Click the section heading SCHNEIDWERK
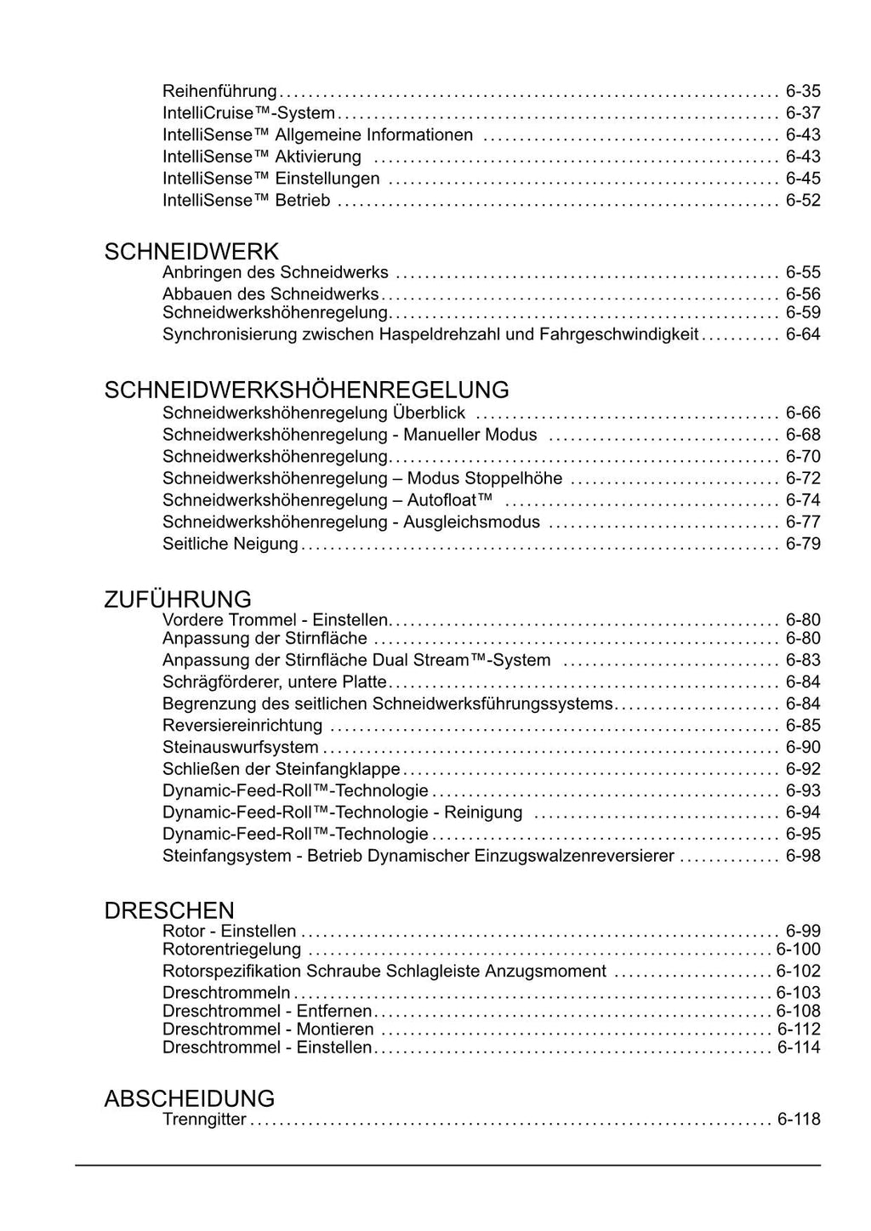[x=191, y=252]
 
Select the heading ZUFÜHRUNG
[x=178, y=599]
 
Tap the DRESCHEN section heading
[x=169, y=910]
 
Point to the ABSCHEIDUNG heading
[x=190, y=1098]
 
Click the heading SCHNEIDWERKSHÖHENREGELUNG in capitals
[x=306, y=390]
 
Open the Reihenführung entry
[x=219, y=91]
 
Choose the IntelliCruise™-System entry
[x=248, y=113]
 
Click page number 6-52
[x=803, y=201]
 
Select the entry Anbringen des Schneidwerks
[x=275, y=272]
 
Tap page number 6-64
[x=803, y=334]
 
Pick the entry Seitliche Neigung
[x=231, y=544]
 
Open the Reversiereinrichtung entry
[x=242, y=726]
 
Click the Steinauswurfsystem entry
[x=241, y=748]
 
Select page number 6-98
[x=803, y=856]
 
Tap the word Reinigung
[x=483, y=812]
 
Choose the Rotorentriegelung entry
[x=231, y=949]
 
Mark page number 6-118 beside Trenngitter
[x=799, y=1120]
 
